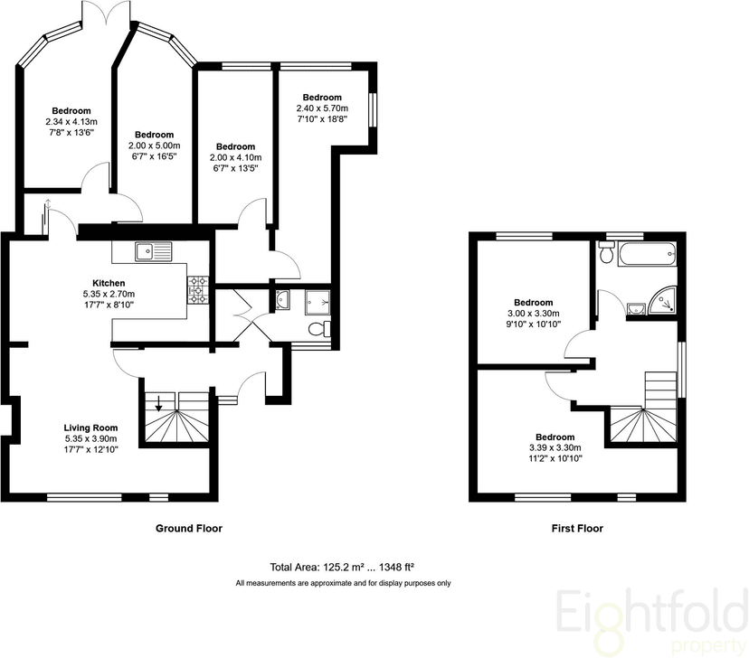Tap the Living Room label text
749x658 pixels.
[x=87, y=427]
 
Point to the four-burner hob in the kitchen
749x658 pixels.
[x=197, y=288]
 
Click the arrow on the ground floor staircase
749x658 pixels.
[x=159, y=404]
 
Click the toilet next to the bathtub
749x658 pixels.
[x=608, y=257]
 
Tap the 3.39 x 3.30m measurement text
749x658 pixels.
[x=555, y=447]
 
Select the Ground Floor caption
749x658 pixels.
[x=188, y=528]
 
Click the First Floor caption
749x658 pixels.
[x=576, y=528]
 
